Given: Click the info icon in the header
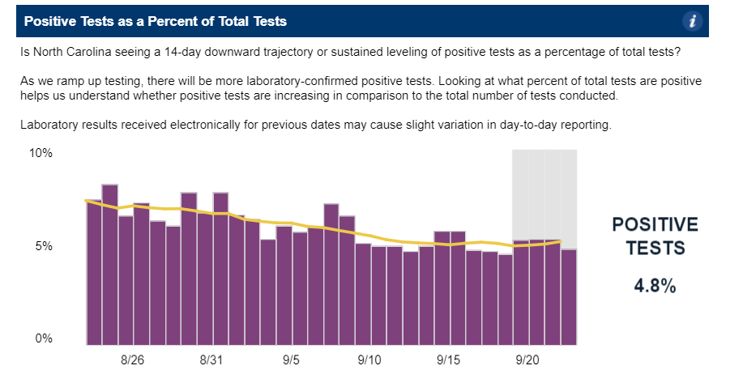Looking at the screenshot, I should (692, 21).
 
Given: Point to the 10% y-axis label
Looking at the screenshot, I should (41, 154).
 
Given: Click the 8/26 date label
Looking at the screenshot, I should (132, 359).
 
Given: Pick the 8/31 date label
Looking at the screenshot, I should (211, 359).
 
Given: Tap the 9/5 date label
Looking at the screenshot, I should (290, 359).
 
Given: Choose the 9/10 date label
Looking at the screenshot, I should (369, 359).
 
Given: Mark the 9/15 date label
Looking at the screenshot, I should (449, 359).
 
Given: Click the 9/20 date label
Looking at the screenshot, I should (527, 359).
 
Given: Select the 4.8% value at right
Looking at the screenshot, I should (654, 287).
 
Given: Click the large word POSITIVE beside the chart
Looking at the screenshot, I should (654, 224).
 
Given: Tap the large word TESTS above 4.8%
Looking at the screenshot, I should (654, 249).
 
